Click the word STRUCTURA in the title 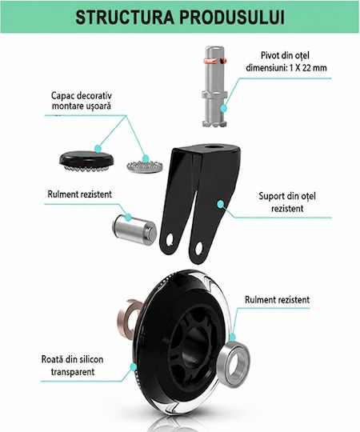coord(125,18)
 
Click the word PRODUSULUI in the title coord(232,18)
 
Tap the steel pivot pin coord(214,86)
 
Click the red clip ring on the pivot coord(214,60)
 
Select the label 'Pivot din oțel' coord(285,55)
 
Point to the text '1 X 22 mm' coord(308,68)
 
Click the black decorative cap coord(86,161)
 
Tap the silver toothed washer coord(145,166)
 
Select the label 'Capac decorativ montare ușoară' coord(82,101)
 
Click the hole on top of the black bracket coord(214,151)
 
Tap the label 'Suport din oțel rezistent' coord(287,202)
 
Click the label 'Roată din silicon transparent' coord(73,366)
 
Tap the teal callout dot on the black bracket coord(220,204)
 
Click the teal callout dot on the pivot coord(224,108)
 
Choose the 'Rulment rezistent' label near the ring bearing coord(277,300)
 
